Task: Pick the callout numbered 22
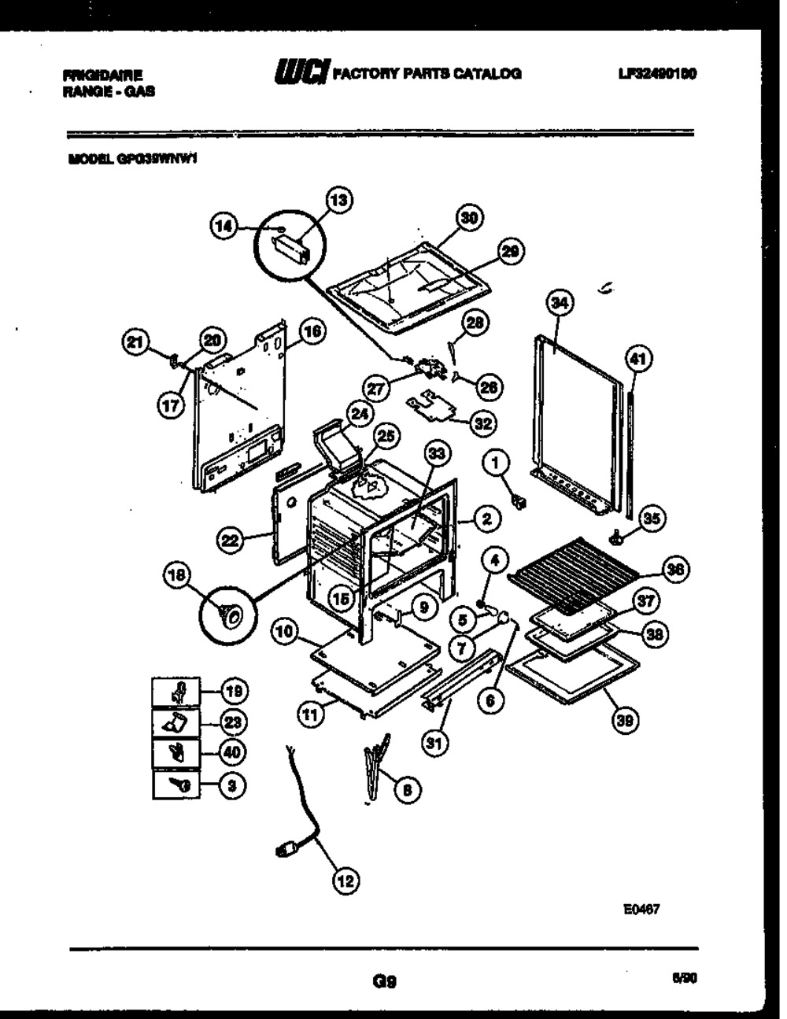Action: (x=230, y=541)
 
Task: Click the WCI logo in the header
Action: (x=302, y=72)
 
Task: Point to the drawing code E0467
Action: (x=641, y=909)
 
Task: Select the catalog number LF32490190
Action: (x=659, y=74)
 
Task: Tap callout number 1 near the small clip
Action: (x=496, y=465)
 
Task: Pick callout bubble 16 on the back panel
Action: (x=312, y=333)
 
